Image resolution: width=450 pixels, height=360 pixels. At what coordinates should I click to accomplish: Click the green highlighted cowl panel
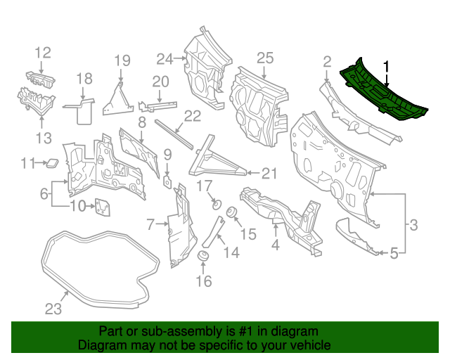click(x=383, y=95)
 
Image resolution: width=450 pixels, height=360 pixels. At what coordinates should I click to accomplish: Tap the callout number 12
click(x=43, y=52)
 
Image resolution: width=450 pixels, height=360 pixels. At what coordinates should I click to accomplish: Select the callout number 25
click(x=264, y=57)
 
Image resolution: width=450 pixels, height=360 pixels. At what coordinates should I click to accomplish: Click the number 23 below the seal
click(x=53, y=308)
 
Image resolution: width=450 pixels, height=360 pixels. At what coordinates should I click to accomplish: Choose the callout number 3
click(x=413, y=225)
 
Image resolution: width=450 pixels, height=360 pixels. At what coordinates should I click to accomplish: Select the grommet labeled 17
click(x=217, y=205)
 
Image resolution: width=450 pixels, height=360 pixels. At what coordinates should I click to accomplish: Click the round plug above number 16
click(x=202, y=255)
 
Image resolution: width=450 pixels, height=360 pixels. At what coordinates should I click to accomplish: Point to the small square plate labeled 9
click(x=168, y=180)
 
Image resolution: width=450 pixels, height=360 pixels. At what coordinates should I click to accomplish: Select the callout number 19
click(x=122, y=60)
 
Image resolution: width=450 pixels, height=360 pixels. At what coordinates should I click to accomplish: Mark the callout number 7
click(x=150, y=224)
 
